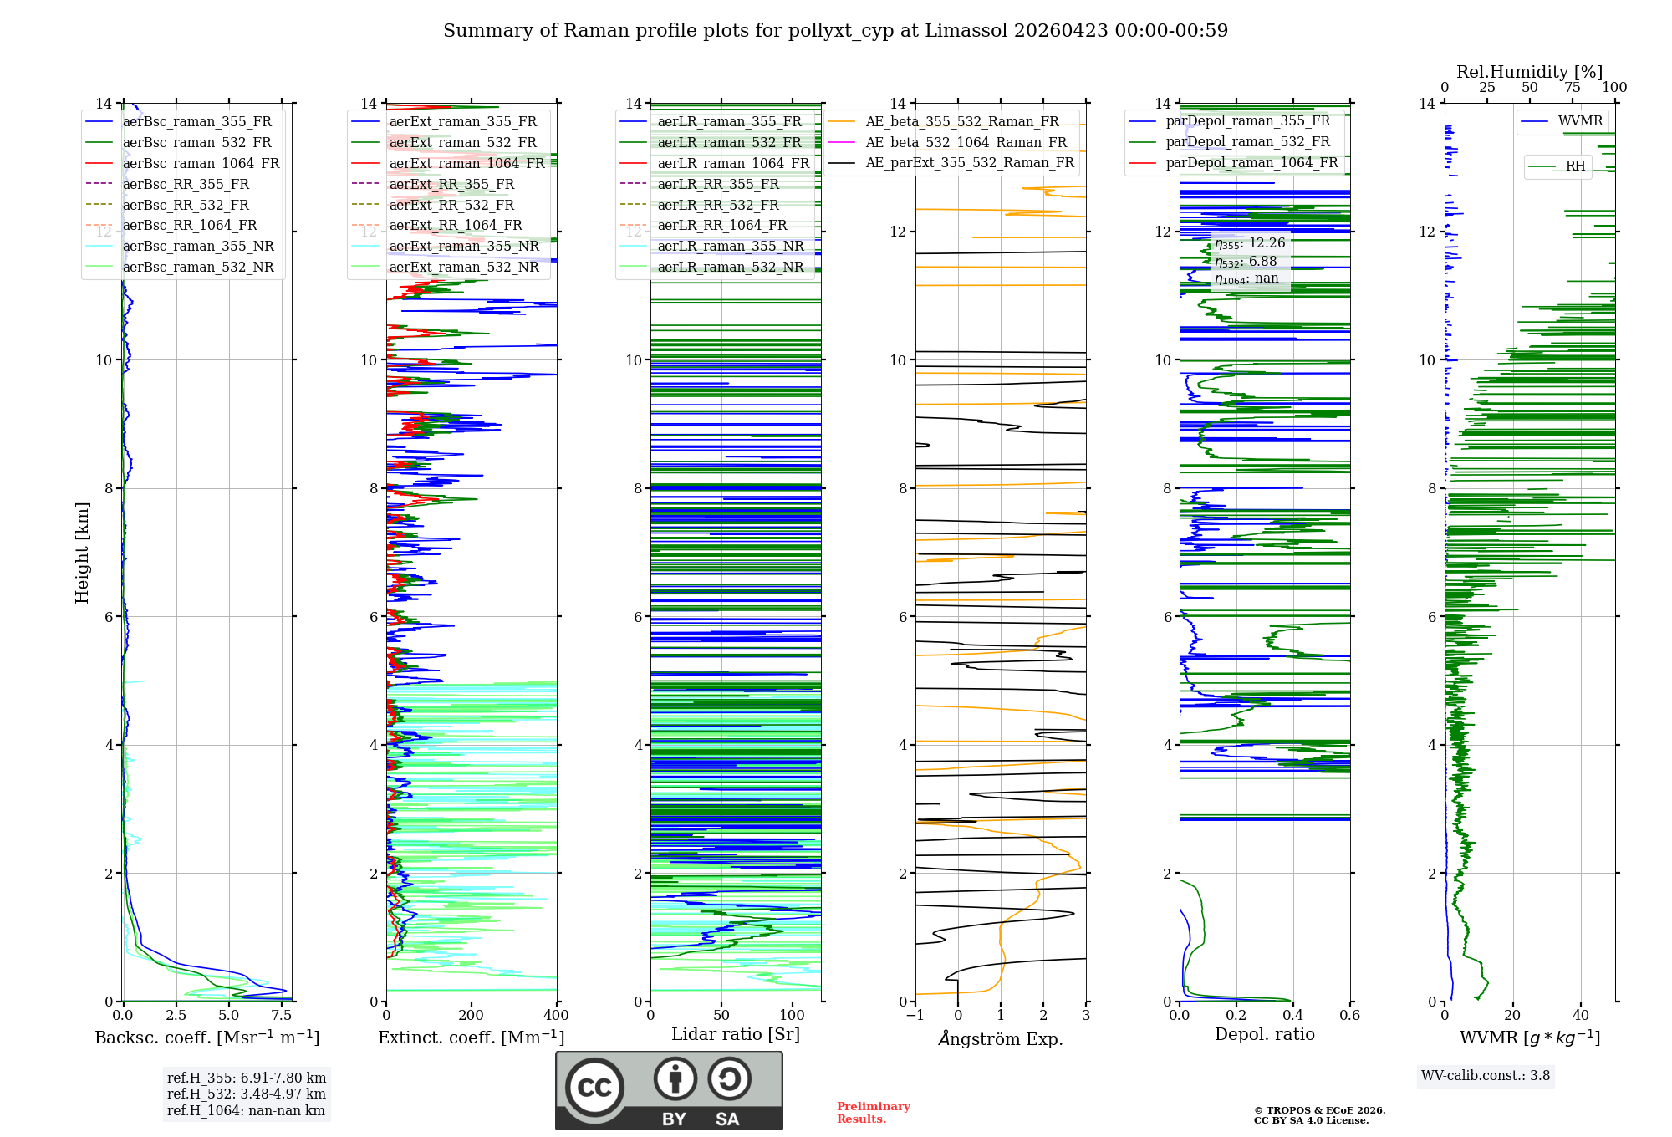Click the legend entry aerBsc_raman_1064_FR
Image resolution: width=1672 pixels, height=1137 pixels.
pyautogui.click(x=201, y=163)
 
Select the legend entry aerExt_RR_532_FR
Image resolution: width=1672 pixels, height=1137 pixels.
pyautogui.click(x=451, y=205)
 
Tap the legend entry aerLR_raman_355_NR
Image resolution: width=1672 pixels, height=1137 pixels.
pyautogui.click(x=730, y=246)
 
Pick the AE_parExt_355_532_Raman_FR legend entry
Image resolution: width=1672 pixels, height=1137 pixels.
pyautogui.click(x=969, y=162)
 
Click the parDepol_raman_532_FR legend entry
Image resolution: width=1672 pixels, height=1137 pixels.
pyautogui.click(x=1247, y=142)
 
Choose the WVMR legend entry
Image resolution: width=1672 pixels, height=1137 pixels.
pyautogui.click(x=1580, y=121)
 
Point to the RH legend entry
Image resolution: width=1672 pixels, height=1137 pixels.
pyautogui.click(x=1575, y=166)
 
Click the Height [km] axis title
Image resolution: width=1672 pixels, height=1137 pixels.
pyautogui.click(x=82, y=553)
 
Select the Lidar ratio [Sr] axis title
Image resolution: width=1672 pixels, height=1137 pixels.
pyautogui.click(x=736, y=1034)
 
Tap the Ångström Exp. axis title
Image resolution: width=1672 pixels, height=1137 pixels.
pyautogui.click(x=1001, y=1038)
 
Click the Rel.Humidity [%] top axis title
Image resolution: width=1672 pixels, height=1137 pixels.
pyautogui.click(x=1529, y=72)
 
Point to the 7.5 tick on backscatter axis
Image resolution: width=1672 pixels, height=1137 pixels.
pyautogui.click(x=282, y=1016)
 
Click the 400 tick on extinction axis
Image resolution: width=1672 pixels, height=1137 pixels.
pyautogui.click(x=557, y=1016)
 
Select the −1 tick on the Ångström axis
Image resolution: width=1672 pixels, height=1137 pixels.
pyautogui.click(x=915, y=1016)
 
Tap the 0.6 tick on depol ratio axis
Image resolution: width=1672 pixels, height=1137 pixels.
pyautogui.click(x=1350, y=1016)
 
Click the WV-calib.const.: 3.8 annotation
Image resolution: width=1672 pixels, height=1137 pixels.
pyautogui.click(x=1486, y=1076)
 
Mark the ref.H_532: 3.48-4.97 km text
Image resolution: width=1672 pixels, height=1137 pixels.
pyautogui.click(x=246, y=1094)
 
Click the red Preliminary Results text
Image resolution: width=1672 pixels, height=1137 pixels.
pyautogui.click(x=873, y=1113)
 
